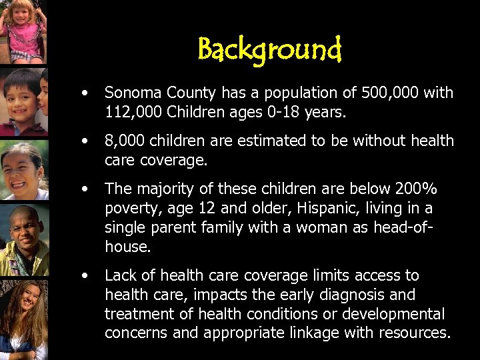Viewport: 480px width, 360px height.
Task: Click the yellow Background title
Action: (x=269, y=49)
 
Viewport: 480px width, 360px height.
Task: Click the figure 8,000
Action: (x=125, y=141)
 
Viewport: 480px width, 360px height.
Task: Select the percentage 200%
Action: (x=417, y=189)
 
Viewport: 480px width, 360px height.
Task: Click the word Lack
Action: (x=120, y=275)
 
